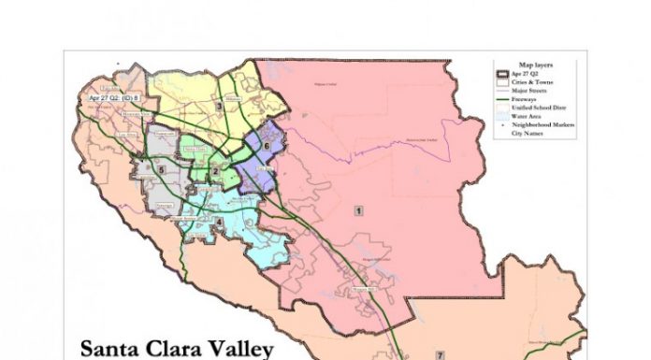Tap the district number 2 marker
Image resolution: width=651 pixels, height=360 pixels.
(x=215, y=171)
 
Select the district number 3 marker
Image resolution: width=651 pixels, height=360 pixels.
(x=218, y=107)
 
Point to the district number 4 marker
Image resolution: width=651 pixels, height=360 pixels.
(x=219, y=222)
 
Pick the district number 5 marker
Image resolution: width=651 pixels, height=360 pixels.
(x=162, y=169)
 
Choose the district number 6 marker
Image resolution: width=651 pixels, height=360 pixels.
(x=267, y=147)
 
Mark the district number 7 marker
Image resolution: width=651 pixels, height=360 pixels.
(x=438, y=356)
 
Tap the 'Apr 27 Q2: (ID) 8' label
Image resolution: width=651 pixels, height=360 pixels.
(x=113, y=96)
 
